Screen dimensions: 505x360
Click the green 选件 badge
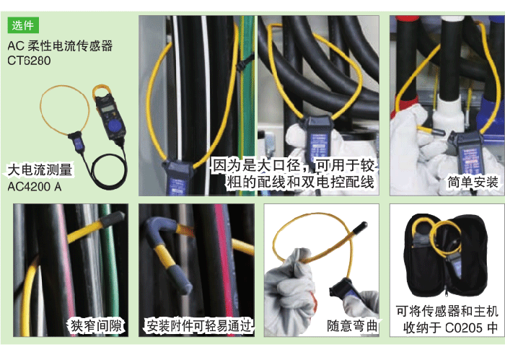pos(23,25)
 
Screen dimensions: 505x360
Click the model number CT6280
pos(29,61)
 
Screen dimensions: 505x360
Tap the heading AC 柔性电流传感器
pos(60,45)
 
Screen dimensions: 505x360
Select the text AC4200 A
pos(35,186)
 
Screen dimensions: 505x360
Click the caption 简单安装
pos(473,183)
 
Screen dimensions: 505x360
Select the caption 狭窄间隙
pos(96,326)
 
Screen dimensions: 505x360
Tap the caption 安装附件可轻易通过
pos(198,326)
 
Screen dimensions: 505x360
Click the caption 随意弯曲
pos(352,326)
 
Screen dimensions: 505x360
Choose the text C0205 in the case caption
pos(464,328)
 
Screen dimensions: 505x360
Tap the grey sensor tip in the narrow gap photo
pos(112,218)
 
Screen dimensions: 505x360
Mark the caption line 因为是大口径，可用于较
pos(293,165)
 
